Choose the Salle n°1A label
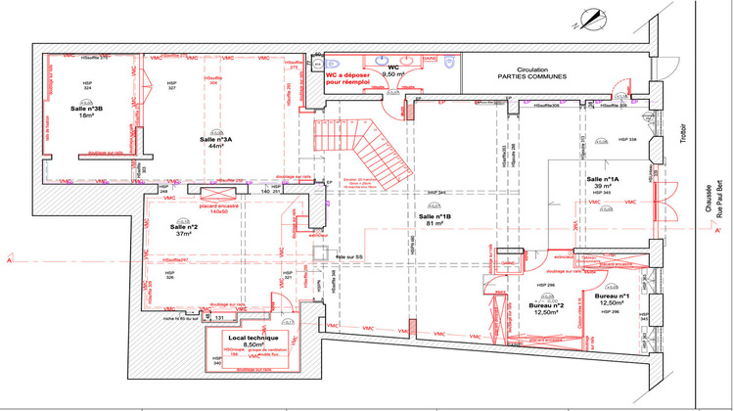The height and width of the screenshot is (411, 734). click(x=603, y=180)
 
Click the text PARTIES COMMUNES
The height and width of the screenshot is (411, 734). click(x=527, y=75)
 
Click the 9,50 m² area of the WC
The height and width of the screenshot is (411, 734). click(x=393, y=74)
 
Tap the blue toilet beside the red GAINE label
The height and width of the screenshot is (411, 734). click(x=448, y=67)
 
